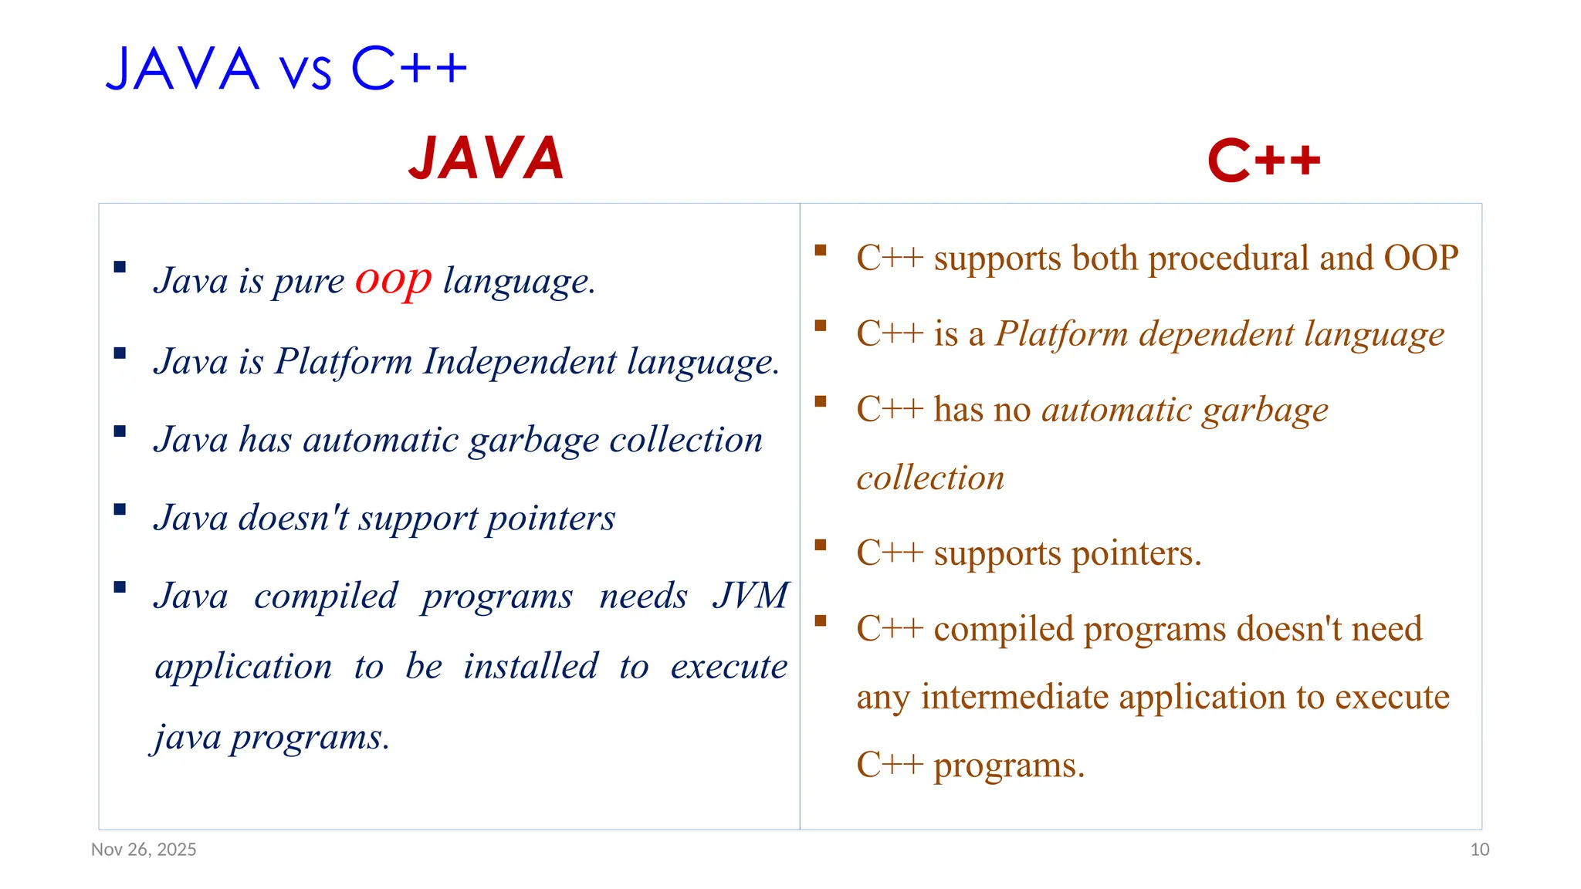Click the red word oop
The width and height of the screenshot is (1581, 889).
coord(392,279)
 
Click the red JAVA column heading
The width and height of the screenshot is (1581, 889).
coord(486,159)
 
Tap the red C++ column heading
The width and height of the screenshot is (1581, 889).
coord(1264,161)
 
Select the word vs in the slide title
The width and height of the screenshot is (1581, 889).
coord(305,71)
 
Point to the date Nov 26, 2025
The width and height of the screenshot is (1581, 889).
coord(144,850)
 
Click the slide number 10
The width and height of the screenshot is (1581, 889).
coord(1479,850)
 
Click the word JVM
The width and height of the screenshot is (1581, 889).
coord(750,596)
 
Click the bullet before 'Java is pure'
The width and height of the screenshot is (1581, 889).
coord(120,267)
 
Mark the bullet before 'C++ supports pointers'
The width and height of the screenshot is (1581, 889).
coord(820,545)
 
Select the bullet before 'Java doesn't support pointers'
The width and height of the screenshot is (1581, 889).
coord(120,509)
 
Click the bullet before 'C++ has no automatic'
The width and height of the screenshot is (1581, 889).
coord(820,401)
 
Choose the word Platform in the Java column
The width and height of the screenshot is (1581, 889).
coord(343,361)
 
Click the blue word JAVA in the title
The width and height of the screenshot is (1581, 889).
coord(182,69)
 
